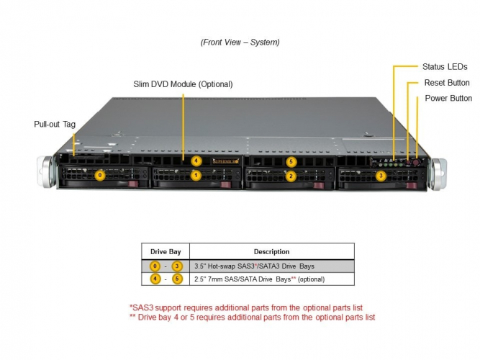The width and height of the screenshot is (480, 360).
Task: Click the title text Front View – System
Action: pyautogui.click(x=240, y=42)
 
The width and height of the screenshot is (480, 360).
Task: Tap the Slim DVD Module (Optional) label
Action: pyautogui.click(x=183, y=84)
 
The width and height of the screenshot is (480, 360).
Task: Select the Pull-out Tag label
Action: pyautogui.click(x=55, y=124)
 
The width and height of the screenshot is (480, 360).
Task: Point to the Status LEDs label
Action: pyautogui.click(x=444, y=66)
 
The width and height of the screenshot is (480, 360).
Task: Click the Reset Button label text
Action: pyautogui.click(x=446, y=83)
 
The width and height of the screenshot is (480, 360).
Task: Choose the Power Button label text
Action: pyautogui.click(x=448, y=98)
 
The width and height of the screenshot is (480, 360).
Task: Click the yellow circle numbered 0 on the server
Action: pyautogui.click(x=100, y=175)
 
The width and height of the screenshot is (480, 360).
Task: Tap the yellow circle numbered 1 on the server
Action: pyautogui.click(x=195, y=175)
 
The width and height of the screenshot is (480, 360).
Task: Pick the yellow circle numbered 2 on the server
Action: pyautogui.click(x=291, y=176)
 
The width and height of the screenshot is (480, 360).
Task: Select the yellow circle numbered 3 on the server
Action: pyautogui.click(x=381, y=175)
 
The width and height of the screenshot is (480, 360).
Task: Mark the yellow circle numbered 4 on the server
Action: pyautogui.click(x=196, y=161)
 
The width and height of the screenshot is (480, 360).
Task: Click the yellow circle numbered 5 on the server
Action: pyautogui.click(x=291, y=161)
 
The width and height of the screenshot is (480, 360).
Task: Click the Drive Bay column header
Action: pyautogui.click(x=165, y=252)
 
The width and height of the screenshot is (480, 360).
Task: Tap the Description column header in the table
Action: pyautogui.click(x=271, y=252)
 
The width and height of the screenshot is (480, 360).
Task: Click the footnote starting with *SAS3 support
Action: pyautogui.click(x=245, y=307)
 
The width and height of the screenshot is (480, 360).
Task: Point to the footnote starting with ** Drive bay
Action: pyautogui.click(x=252, y=317)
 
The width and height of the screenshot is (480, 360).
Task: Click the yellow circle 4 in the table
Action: pyautogui.click(x=155, y=279)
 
